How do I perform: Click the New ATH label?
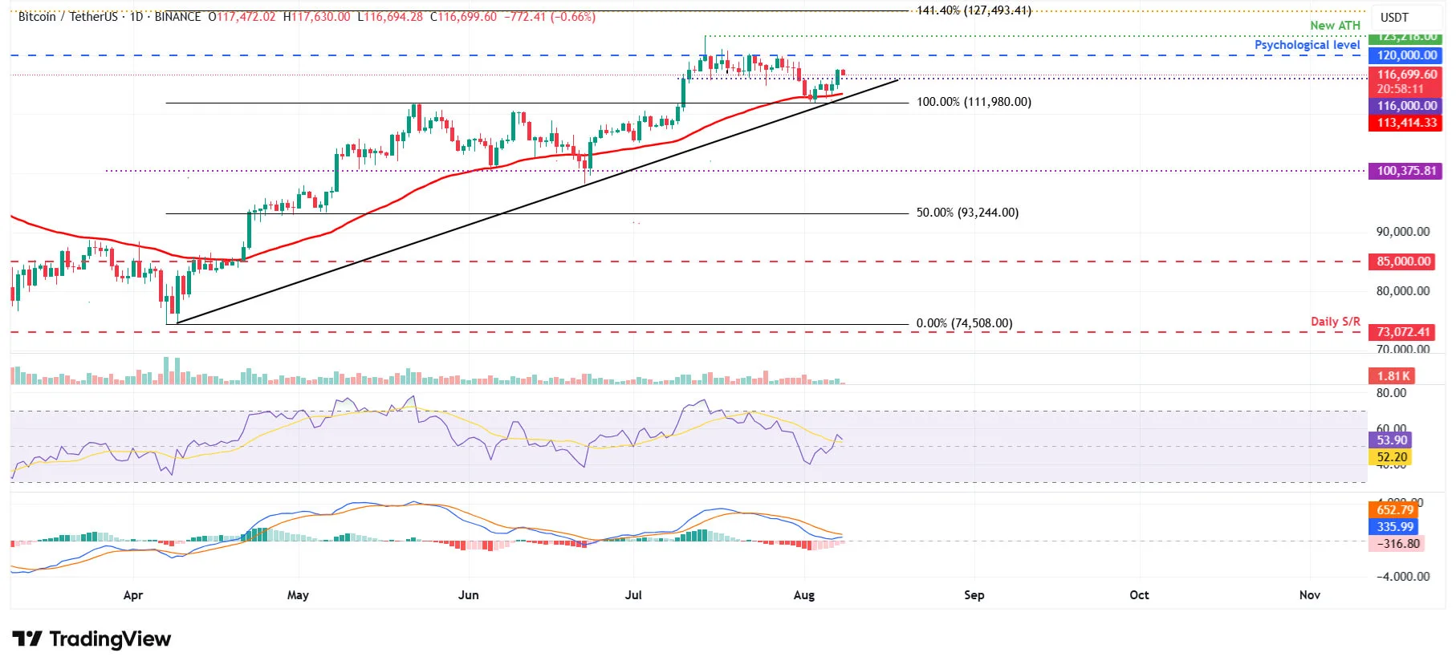click(1335, 26)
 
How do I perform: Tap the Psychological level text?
click(1307, 45)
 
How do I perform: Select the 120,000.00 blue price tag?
click(1406, 55)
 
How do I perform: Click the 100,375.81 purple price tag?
click(1406, 171)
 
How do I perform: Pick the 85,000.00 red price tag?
click(1403, 262)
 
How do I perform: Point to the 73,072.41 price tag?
click(1403, 332)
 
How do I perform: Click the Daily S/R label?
click(1335, 322)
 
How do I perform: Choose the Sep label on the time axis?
click(974, 595)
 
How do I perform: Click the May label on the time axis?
click(298, 595)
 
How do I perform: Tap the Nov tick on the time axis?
click(1309, 595)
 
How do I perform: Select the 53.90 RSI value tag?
click(1391, 440)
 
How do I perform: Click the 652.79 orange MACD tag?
click(1394, 510)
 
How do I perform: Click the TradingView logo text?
click(110, 639)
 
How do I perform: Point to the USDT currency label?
click(1394, 18)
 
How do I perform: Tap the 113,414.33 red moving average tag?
click(1406, 123)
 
